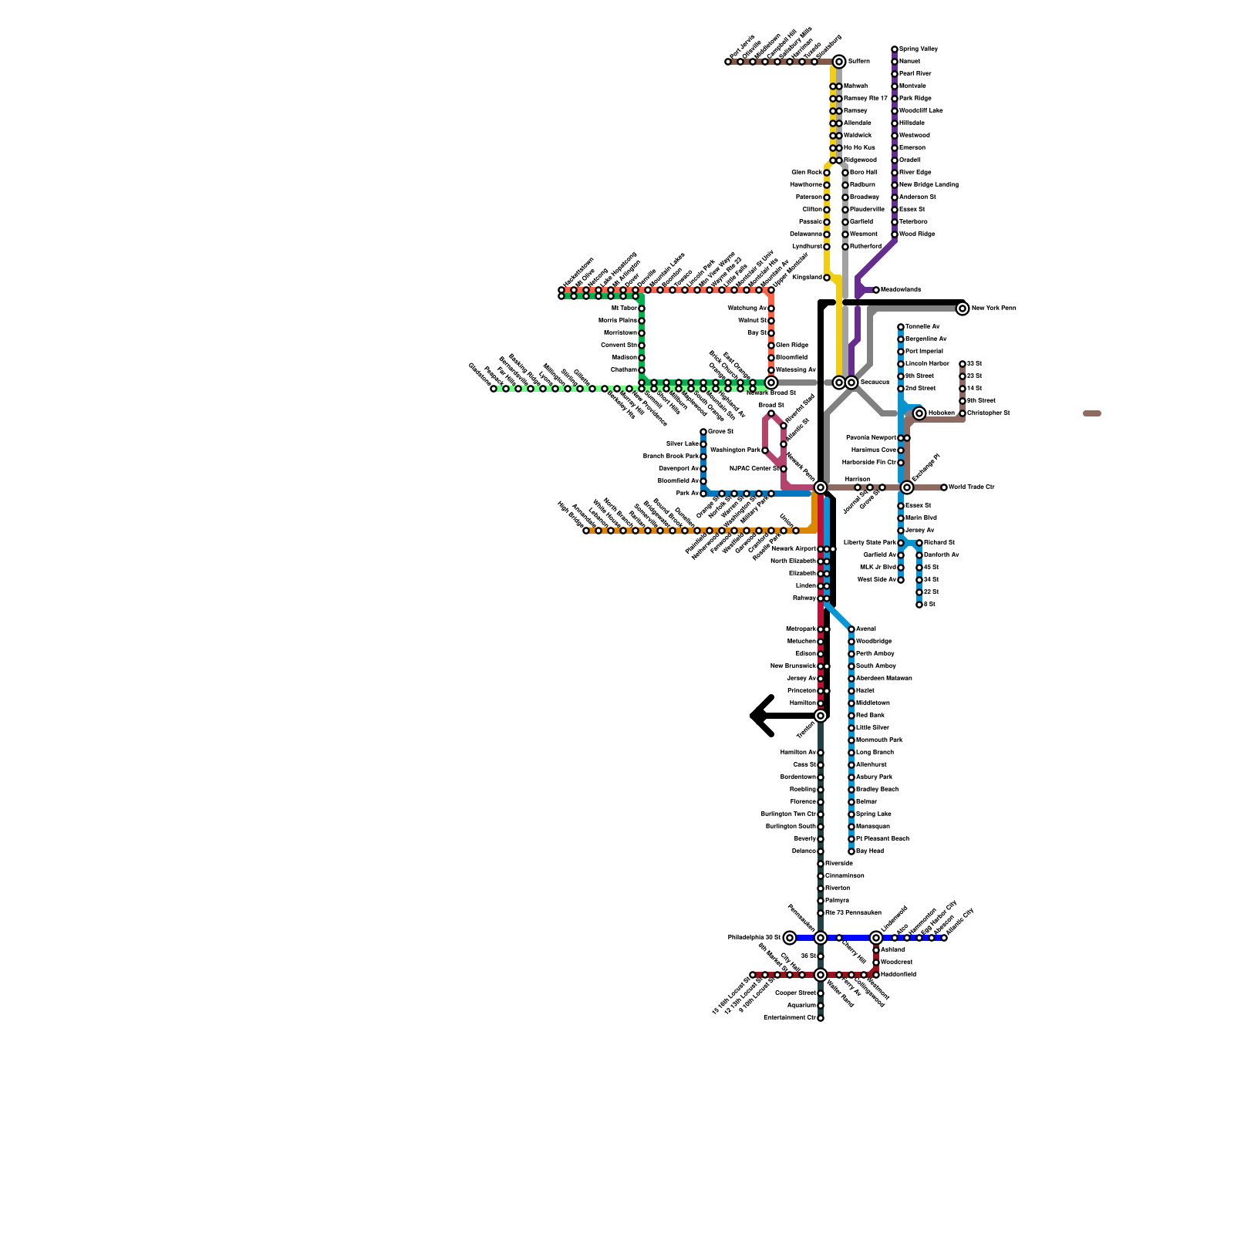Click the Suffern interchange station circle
[839, 62]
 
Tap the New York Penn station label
[993, 308]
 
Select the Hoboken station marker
[919, 413]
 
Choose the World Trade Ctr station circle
[944, 487]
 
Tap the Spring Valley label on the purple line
[919, 49]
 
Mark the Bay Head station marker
[851, 851]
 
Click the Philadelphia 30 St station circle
[790, 938]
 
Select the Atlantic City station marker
[944, 938]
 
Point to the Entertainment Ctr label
[790, 1018]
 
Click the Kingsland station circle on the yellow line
[827, 278]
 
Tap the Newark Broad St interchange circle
[771, 382]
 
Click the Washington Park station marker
[765, 450]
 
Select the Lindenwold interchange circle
[876, 938]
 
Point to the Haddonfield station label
[899, 975]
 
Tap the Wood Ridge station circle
[895, 234]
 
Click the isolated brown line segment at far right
[1092, 413]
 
